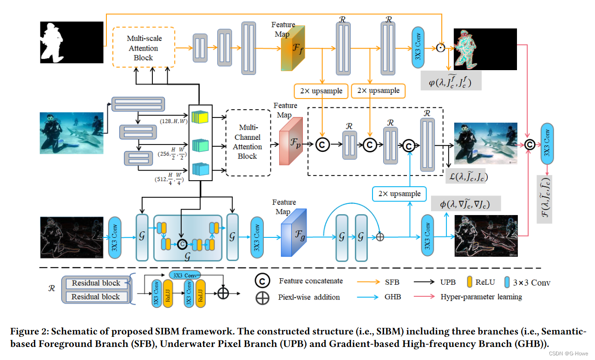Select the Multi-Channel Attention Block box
[248, 142]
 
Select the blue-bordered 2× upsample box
[399, 194]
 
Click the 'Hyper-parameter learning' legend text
[481, 297]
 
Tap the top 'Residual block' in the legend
[96, 283]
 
